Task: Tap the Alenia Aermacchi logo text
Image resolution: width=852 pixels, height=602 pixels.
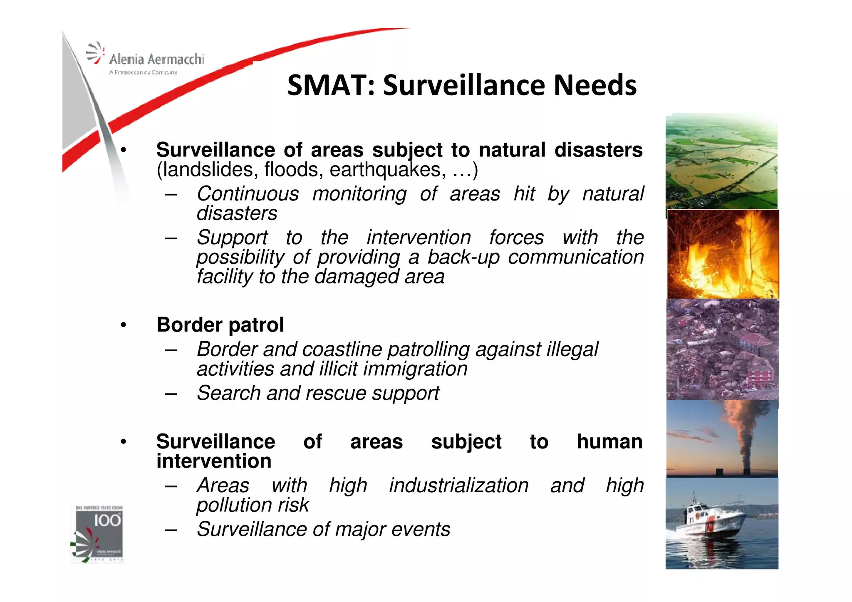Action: click(x=156, y=59)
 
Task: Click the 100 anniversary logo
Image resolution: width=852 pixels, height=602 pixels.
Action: click(x=99, y=534)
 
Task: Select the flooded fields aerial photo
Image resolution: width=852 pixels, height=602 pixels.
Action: click(x=721, y=161)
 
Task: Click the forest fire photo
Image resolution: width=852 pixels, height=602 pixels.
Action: click(x=723, y=254)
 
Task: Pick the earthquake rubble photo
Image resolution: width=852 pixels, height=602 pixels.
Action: click(x=722, y=349)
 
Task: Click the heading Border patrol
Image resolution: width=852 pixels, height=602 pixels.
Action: click(x=220, y=325)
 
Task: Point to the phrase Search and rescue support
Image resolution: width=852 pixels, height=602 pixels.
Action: click(x=318, y=393)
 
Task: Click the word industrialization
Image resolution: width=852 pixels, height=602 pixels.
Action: click(x=458, y=486)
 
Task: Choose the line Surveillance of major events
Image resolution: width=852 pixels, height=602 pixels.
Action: click(x=323, y=529)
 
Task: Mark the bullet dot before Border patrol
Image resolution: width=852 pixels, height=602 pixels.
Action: click(x=123, y=325)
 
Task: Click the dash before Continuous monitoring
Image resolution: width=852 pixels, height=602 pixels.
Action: click(x=171, y=194)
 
